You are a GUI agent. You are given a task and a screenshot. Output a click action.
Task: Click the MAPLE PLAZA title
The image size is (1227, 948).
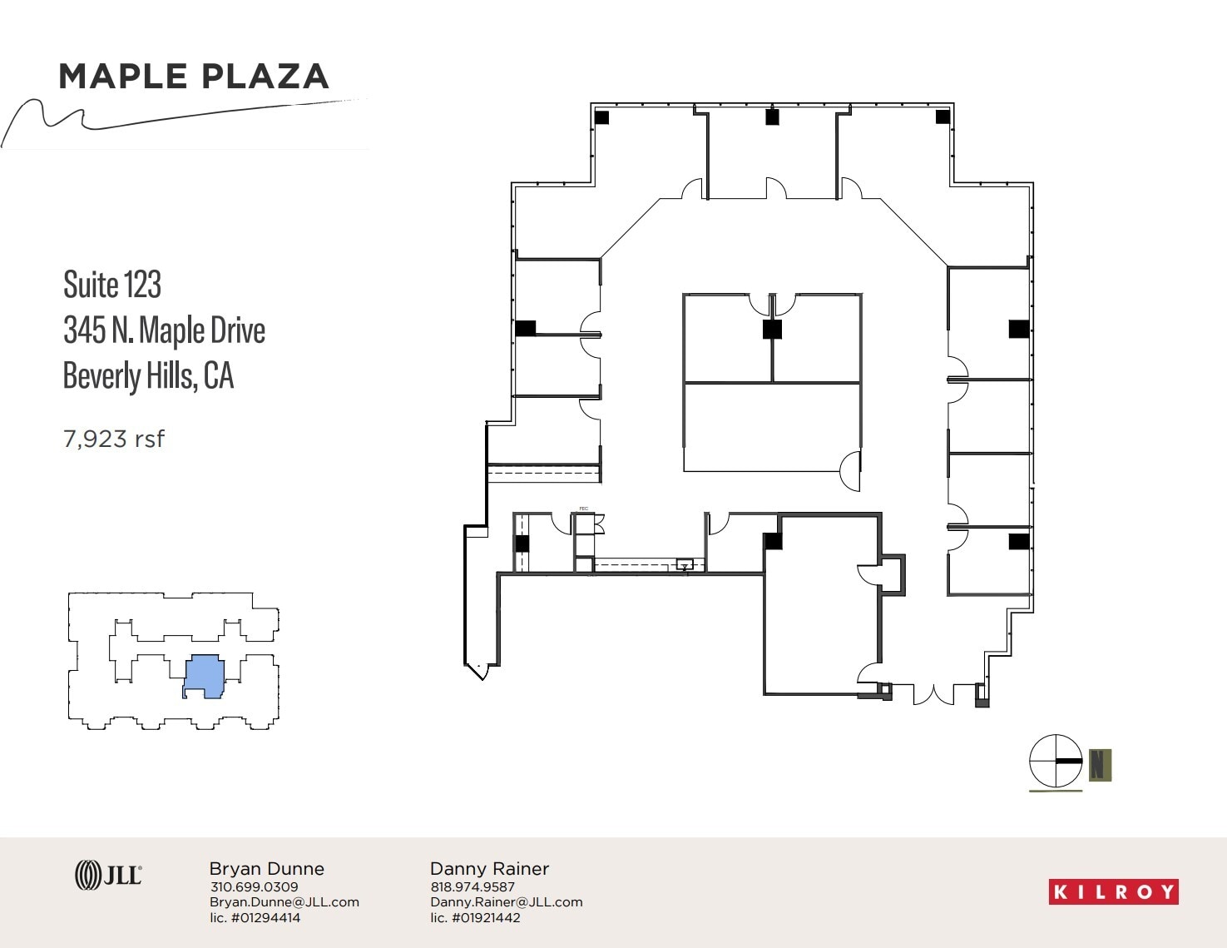point(194,77)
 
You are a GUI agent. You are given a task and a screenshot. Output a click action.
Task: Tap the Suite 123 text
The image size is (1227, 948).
point(112,285)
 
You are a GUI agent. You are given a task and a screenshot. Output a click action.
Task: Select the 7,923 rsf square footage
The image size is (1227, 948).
point(114,439)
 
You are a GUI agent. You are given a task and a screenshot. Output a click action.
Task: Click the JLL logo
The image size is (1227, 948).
point(108,875)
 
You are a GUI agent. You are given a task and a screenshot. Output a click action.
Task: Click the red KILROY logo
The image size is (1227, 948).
point(1113,892)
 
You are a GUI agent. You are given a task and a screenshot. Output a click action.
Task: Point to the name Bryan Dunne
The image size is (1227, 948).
point(266,869)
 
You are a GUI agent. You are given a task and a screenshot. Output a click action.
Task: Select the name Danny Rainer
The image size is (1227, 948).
point(489,869)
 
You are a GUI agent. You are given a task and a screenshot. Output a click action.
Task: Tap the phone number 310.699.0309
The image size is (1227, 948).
point(254,887)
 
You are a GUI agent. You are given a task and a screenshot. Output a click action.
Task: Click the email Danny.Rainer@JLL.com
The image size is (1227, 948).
point(506,902)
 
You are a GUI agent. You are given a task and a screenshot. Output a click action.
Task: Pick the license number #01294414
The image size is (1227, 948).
point(255,918)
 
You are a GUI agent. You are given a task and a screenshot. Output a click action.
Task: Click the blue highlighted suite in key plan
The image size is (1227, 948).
point(204,675)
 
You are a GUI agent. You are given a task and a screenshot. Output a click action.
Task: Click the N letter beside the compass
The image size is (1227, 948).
point(1100,764)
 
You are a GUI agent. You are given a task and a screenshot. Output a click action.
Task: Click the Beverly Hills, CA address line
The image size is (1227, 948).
point(148,375)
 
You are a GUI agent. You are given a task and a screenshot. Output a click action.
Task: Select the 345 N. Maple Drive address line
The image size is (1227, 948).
point(164,330)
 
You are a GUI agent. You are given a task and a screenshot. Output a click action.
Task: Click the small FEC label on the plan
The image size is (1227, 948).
point(583,509)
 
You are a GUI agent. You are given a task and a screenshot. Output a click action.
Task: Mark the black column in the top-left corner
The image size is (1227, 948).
point(601,117)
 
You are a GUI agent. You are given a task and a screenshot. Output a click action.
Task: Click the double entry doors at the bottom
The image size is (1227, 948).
point(933,694)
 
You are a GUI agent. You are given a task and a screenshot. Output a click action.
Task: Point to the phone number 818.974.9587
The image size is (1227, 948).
point(472,887)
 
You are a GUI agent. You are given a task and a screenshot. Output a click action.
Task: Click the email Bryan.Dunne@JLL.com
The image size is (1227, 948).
point(284,902)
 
